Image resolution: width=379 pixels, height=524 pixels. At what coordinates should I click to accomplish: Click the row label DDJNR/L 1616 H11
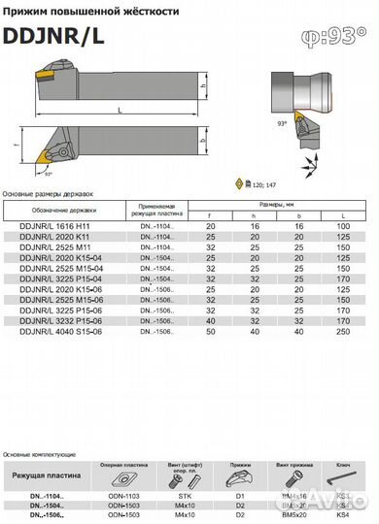[x=55, y=225]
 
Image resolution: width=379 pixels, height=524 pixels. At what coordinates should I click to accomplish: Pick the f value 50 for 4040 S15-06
[x=210, y=332]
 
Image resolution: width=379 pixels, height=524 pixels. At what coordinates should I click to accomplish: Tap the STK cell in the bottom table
[x=184, y=495]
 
